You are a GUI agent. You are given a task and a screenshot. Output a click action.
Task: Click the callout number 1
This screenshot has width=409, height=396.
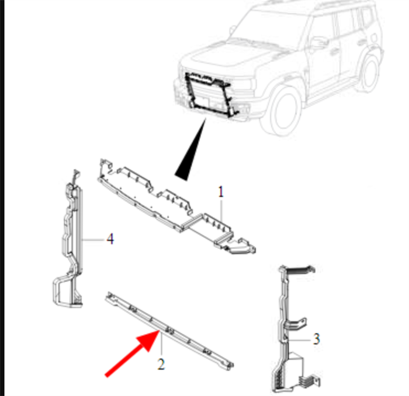coord(221,192)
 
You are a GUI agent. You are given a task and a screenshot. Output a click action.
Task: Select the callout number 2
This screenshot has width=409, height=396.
coord(161,364)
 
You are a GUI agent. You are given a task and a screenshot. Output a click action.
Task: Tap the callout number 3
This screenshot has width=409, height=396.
coord(316,339)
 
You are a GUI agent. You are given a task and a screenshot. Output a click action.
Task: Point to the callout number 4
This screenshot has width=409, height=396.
coord(110,239)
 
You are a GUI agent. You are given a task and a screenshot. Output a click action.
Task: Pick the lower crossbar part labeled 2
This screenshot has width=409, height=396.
coord(169,331)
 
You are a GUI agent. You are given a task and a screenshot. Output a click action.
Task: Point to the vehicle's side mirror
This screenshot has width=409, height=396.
coord(318,43)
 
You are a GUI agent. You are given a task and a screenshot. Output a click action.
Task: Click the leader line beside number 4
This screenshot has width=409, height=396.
coord(93,239)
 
